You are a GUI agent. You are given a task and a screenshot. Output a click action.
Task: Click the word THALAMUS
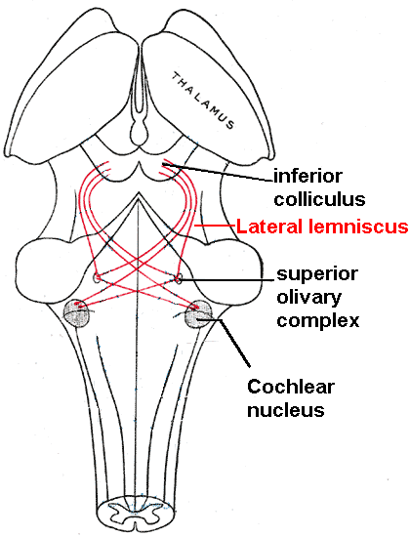pyautogui.click(x=203, y=101)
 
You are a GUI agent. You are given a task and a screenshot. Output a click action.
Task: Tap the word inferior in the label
pyautogui.click(x=307, y=176)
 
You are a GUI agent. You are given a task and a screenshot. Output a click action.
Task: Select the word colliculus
pyautogui.click(x=319, y=198)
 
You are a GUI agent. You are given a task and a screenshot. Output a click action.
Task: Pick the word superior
pyautogui.click(x=317, y=274)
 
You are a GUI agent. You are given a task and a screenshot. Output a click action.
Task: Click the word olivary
pyautogui.click(x=308, y=299)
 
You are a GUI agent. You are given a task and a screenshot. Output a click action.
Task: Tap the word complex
pyautogui.click(x=318, y=321)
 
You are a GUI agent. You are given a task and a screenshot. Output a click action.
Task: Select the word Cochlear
pyautogui.click(x=291, y=387)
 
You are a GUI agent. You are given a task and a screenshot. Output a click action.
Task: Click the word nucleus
pyautogui.click(x=286, y=410)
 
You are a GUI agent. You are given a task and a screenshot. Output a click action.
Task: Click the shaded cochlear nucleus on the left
pyautogui.click(x=78, y=313)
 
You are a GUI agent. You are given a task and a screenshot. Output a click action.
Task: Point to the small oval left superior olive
pyautogui.click(x=97, y=277)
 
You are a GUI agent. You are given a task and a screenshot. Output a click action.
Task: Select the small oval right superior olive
pyautogui.click(x=179, y=278)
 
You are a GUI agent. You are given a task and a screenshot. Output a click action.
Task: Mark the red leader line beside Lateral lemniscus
pyautogui.click(x=215, y=226)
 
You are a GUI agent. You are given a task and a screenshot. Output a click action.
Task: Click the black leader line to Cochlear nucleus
pyautogui.click(x=235, y=344)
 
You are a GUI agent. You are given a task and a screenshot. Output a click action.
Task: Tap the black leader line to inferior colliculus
pyautogui.click(x=218, y=173)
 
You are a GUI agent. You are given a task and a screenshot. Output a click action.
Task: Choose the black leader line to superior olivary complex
pyautogui.click(x=227, y=280)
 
